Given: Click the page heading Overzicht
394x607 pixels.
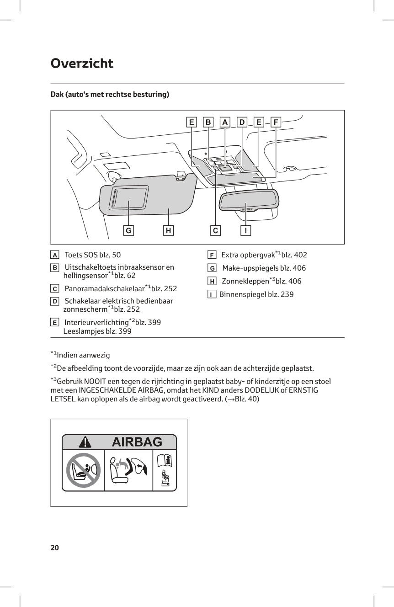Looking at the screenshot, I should click(x=82, y=63).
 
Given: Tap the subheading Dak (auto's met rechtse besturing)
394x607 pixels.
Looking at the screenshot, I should click(x=110, y=95).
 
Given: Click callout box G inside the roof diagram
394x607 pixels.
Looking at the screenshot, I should click(x=129, y=231).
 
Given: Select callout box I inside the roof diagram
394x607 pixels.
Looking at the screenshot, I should click(x=246, y=231).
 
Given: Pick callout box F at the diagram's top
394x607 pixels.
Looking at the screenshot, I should click(x=276, y=122).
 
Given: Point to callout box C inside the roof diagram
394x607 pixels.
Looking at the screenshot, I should click(x=215, y=231).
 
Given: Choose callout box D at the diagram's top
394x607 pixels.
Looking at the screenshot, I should click(x=242, y=122).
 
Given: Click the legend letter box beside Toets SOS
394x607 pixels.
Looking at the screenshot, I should click(x=55, y=255).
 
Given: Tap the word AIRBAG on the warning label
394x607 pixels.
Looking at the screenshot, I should click(x=137, y=442).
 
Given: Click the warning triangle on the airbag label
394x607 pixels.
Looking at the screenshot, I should click(x=85, y=442).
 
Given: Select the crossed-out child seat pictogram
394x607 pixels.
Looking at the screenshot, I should click(x=83, y=470).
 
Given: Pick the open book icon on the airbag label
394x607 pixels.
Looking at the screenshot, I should click(x=164, y=460).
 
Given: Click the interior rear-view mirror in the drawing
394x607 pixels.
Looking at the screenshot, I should click(x=249, y=199).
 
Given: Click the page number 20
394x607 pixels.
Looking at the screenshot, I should click(x=55, y=548).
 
